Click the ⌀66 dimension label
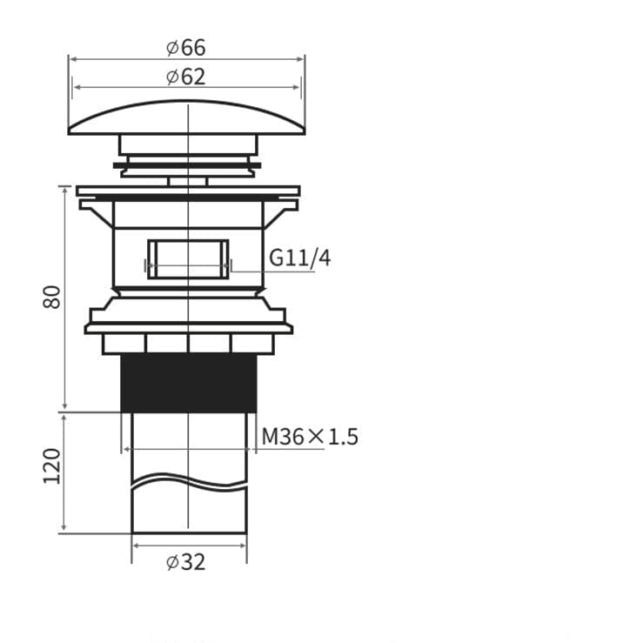[185, 48]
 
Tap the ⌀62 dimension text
[185, 77]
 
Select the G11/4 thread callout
[300, 258]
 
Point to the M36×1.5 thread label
[310, 436]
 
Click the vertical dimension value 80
[51, 297]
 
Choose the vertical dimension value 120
[51, 466]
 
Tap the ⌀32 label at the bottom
[185, 562]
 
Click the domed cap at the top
[186, 117]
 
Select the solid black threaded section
[189, 384]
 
